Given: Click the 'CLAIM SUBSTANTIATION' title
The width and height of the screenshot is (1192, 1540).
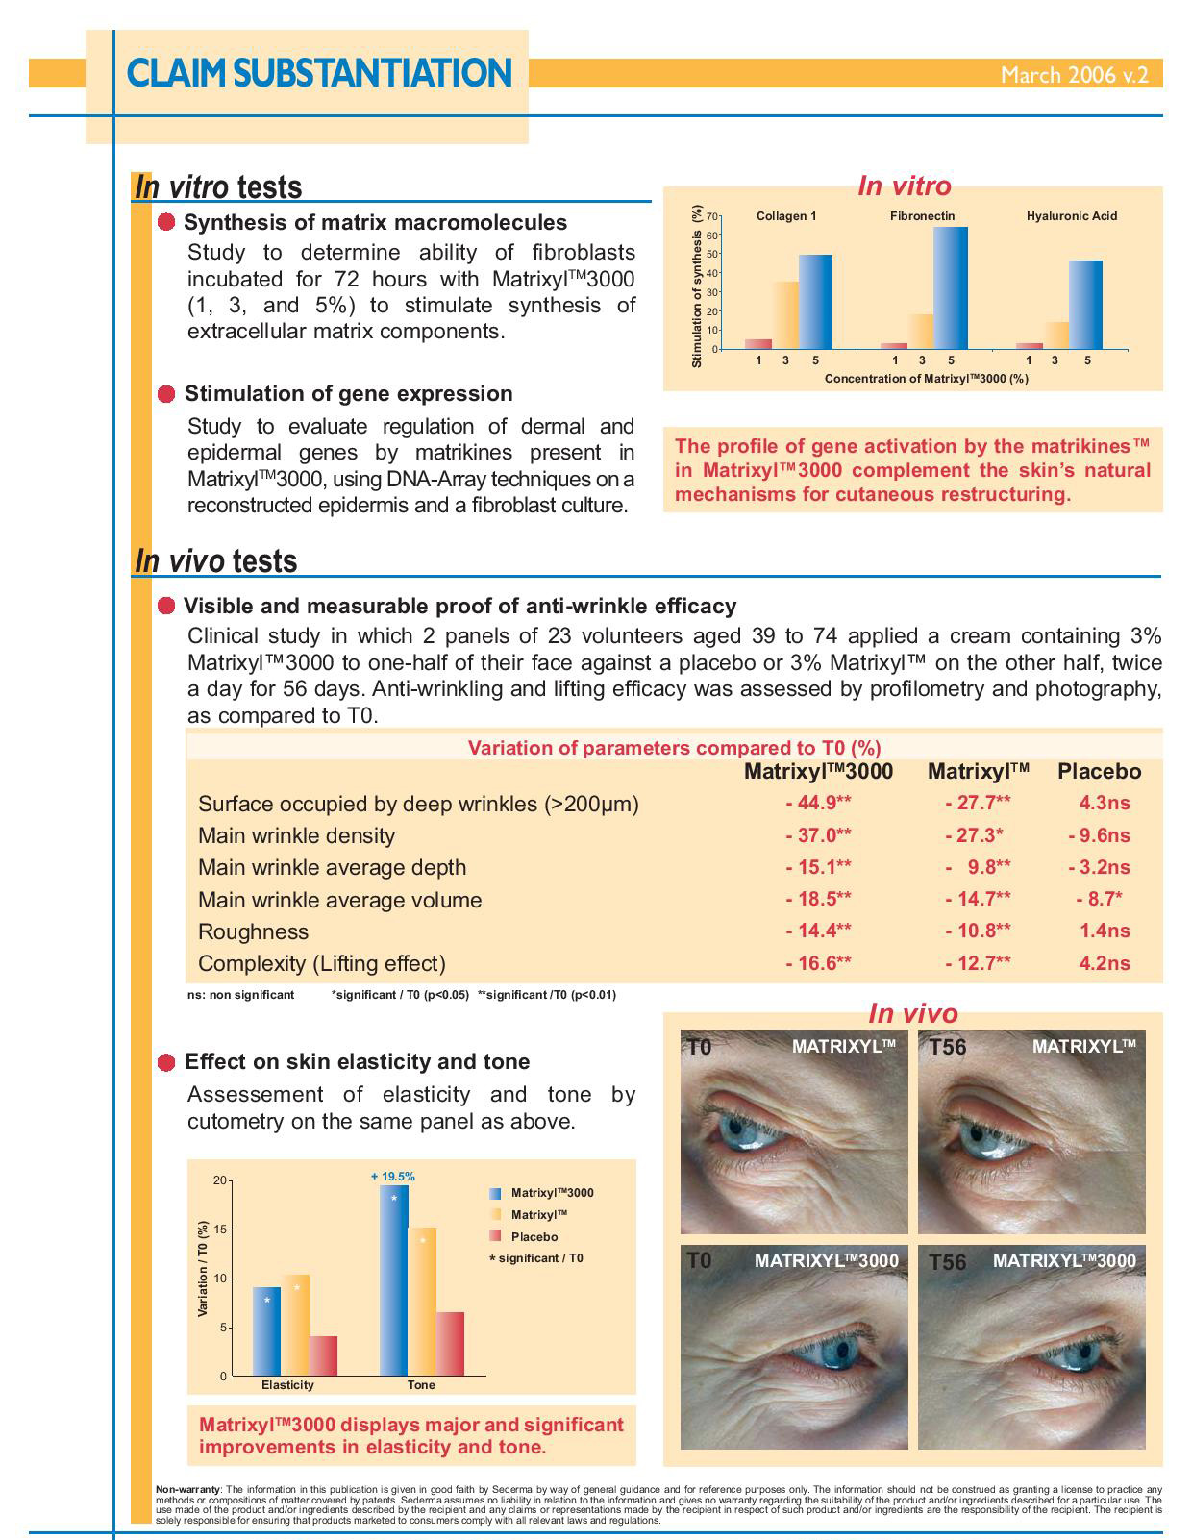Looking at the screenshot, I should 319,73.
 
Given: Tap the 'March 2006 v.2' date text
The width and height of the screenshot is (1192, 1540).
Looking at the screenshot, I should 1074,75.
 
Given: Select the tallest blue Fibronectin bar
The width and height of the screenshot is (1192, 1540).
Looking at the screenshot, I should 951,287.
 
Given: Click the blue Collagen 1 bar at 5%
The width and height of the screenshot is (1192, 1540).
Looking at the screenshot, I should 815,301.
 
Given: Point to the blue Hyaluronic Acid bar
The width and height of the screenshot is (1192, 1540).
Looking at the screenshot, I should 1085,304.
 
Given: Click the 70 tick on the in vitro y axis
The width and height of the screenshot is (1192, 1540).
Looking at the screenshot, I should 712,216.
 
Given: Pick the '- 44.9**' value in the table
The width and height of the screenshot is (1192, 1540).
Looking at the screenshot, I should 818,803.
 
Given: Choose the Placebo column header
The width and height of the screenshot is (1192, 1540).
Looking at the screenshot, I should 1099,771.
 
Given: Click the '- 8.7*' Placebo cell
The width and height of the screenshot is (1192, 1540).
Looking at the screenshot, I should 1099,899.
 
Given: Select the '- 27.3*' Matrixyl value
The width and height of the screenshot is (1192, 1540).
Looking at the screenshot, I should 974,835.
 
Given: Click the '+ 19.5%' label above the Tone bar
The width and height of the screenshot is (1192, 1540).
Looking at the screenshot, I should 393,1176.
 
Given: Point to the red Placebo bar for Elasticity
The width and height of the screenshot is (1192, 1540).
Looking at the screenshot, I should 323,1355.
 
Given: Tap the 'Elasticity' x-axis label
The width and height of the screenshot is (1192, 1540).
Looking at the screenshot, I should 287,1385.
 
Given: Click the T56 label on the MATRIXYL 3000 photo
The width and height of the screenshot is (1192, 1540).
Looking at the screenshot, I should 947,1261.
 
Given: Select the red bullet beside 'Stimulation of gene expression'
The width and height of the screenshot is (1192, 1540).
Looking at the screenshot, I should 167,394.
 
